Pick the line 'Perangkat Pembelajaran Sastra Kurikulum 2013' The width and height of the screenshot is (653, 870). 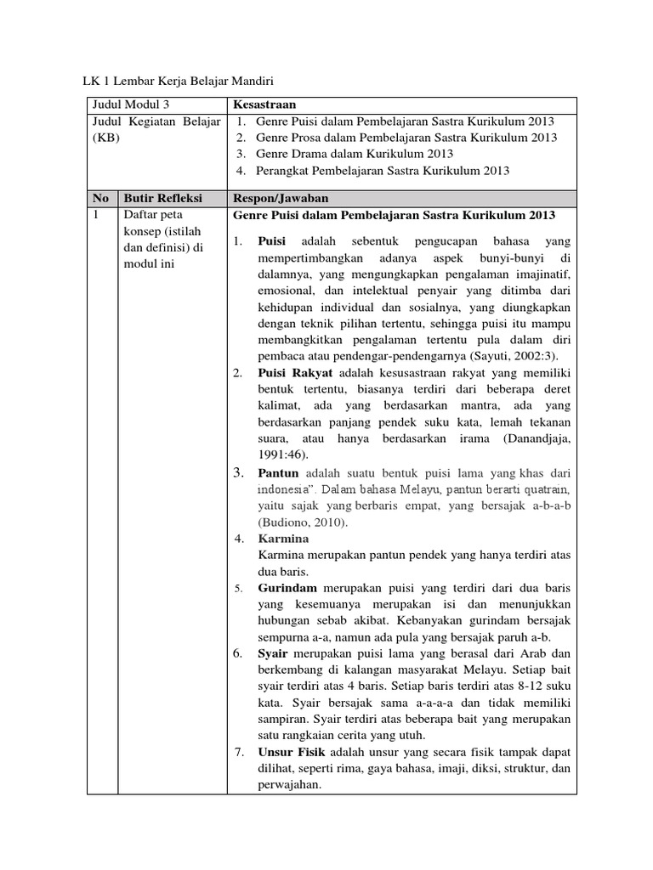[x=383, y=171]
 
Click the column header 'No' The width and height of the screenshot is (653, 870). [x=100, y=198]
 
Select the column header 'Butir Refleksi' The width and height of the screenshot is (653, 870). [x=162, y=198]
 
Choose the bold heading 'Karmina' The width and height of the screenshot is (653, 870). [x=283, y=539]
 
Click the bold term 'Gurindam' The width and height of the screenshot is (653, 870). [x=287, y=588]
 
